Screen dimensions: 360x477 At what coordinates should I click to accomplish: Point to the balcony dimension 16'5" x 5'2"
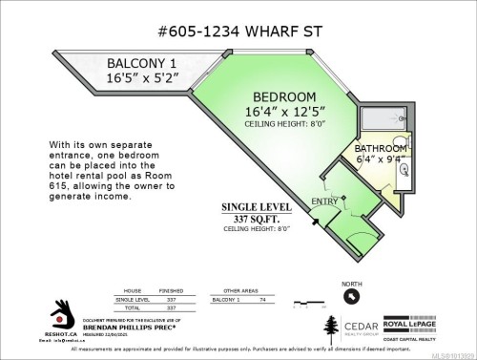140,80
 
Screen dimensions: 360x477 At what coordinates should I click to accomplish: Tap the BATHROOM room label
385,149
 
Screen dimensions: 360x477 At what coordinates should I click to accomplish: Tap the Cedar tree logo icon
327,326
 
